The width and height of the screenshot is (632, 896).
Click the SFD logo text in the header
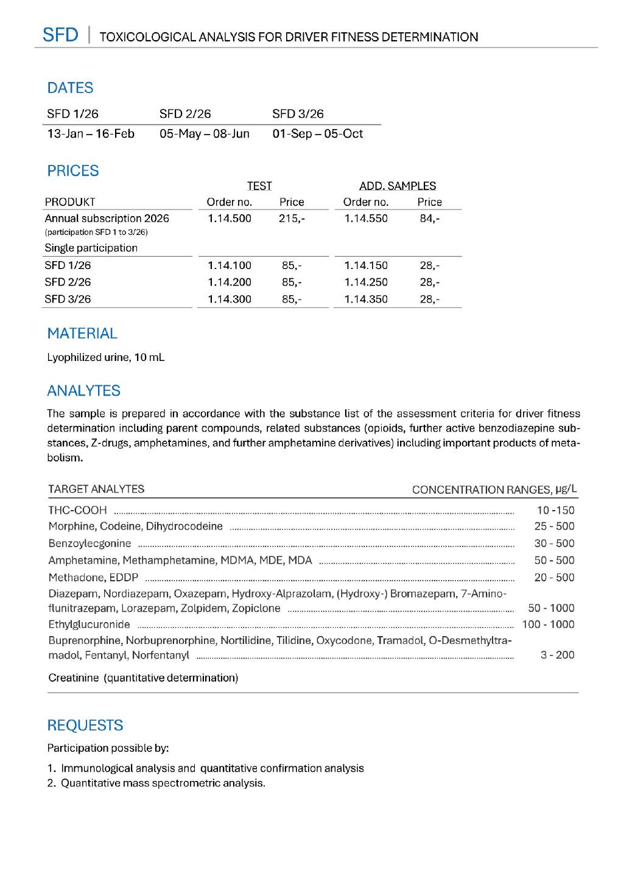coord(60,35)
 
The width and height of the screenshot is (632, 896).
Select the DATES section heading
coord(70,88)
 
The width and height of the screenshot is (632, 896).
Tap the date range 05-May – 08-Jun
coord(205,134)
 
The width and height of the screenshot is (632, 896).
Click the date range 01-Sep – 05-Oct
coord(317,134)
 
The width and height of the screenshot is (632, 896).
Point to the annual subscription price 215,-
coord(292,219)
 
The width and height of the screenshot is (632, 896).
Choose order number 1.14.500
coord(229,219)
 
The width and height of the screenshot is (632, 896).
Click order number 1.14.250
coord(365,282)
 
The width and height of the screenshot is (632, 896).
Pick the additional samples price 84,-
coord(429,219)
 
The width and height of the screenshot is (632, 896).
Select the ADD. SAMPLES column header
coord(398,186)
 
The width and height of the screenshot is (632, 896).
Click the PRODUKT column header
coord(70,202)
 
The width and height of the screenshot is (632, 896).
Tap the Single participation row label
coord(91,248)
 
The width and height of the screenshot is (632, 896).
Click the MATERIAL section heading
coord(82,334)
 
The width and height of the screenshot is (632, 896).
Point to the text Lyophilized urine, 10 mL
coord(105,357)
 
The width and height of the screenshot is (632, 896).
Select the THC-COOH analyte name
coord(77,510)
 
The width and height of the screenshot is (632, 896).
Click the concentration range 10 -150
coord(555,510)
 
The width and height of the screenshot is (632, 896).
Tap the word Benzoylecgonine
coord(90,544)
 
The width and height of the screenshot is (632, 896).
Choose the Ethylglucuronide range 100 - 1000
coord(548,625)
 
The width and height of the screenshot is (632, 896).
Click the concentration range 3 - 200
coord(557,655)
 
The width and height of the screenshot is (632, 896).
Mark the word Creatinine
coord(73,678)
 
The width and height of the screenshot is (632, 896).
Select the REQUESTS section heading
coord(85,726)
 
